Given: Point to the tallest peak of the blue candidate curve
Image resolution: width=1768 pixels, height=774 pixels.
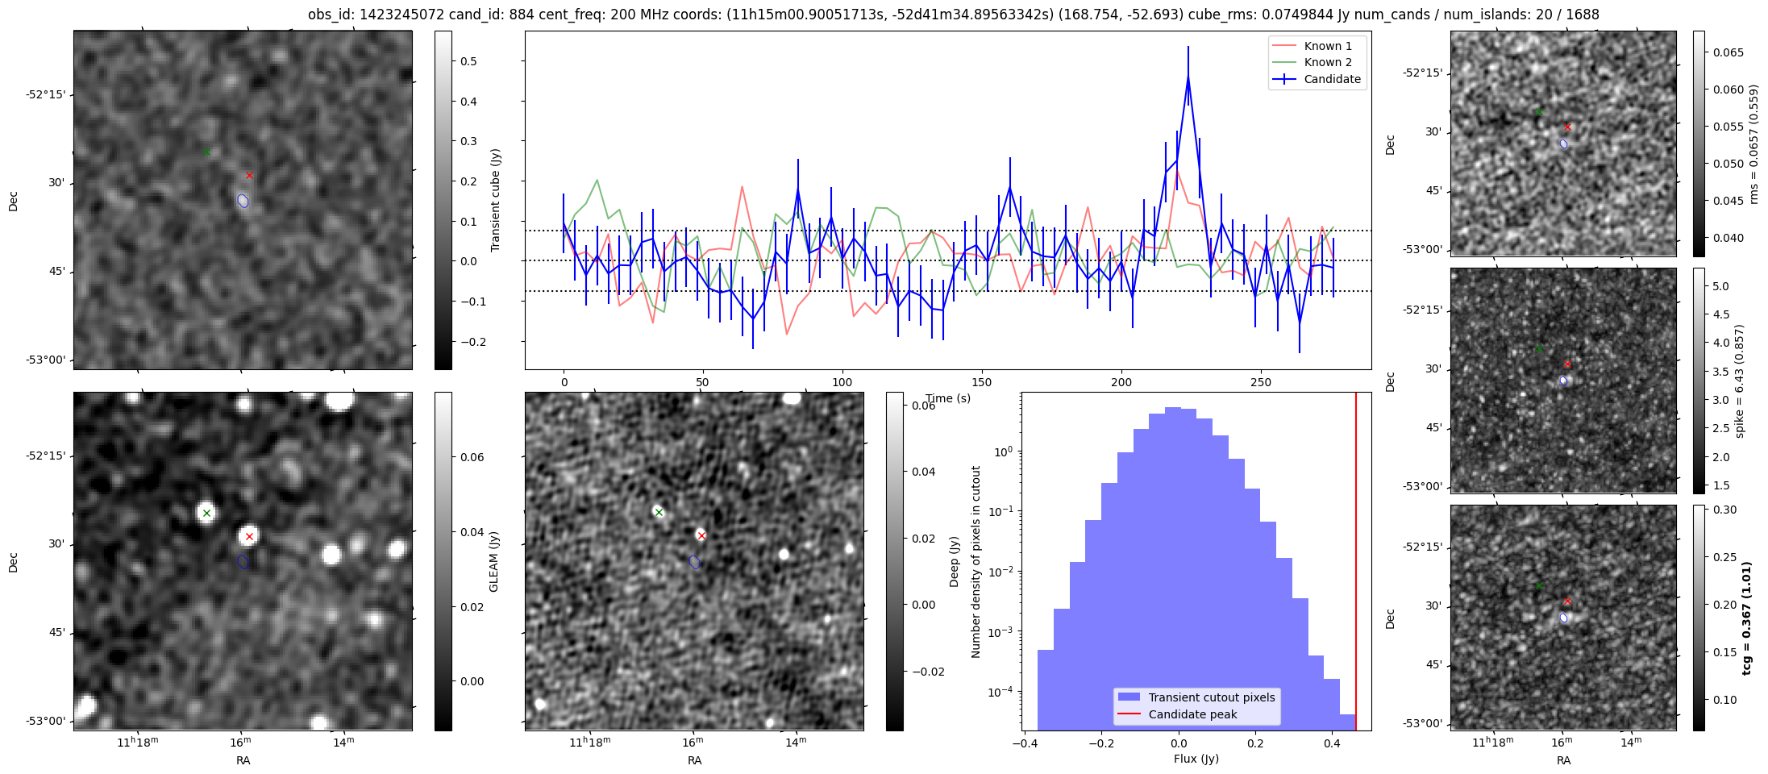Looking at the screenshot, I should click(x=1188, y=77).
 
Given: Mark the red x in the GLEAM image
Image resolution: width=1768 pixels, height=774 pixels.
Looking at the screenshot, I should click(x=249, y=536).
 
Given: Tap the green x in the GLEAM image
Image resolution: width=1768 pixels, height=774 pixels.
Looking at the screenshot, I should click(x=206, y=513).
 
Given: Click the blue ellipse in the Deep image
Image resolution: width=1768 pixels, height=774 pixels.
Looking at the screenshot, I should click(x=694, y=562).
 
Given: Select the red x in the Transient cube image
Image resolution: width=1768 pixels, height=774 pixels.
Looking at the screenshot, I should click(x=249, y=175).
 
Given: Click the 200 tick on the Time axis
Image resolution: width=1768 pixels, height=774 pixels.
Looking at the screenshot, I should click(x=1121, y=382).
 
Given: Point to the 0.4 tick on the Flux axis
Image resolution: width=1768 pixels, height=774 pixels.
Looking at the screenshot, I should click(x=1332, y=743).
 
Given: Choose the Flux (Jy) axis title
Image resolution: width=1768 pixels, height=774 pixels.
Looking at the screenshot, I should click(x=1196, y=759).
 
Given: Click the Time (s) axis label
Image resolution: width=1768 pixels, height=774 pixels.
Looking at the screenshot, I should click(x=948, y=398).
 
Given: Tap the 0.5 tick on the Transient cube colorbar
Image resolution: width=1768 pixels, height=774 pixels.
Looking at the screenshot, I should click(x=468, y=61).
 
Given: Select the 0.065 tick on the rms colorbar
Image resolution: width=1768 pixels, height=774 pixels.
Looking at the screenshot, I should click(x=1728, y=52).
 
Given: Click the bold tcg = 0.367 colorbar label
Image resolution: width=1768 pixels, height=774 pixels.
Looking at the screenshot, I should click(x=1746, y=618).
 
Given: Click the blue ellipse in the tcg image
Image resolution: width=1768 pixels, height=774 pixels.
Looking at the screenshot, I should click(x=1563, y=618).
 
